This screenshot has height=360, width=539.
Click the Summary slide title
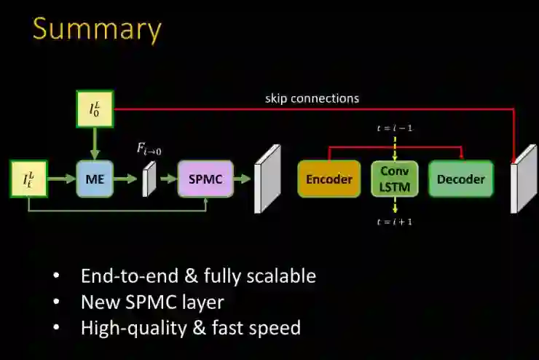[x=96, y=29]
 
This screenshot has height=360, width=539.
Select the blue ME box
[x=95, y=179]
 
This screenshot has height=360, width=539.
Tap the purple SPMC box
[x=205, y=179]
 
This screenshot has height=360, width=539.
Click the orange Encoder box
[x=329, y=179]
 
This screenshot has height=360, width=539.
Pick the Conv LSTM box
[x=395, y=179]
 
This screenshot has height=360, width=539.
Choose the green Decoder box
[x=460, y=179]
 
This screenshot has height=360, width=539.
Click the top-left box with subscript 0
[x=95, y=110]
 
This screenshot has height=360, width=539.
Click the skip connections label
[x=312, y=98]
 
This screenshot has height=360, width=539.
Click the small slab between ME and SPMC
[x=149, y=179]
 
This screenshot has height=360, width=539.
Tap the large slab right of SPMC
[x=267, y=179]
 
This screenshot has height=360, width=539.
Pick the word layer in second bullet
[x=203, y=302]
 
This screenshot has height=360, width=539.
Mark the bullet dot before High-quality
[x=57, y=328]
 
